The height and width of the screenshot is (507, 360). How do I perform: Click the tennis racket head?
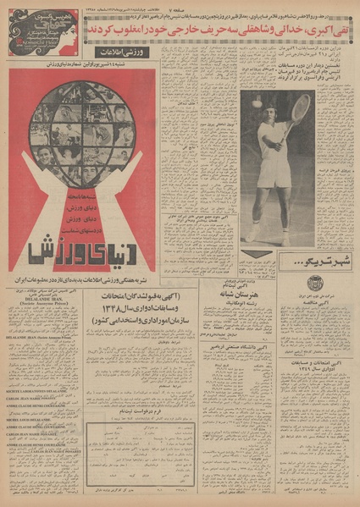point(301,107)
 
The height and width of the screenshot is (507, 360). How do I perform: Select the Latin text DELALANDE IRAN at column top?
point(40,311)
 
